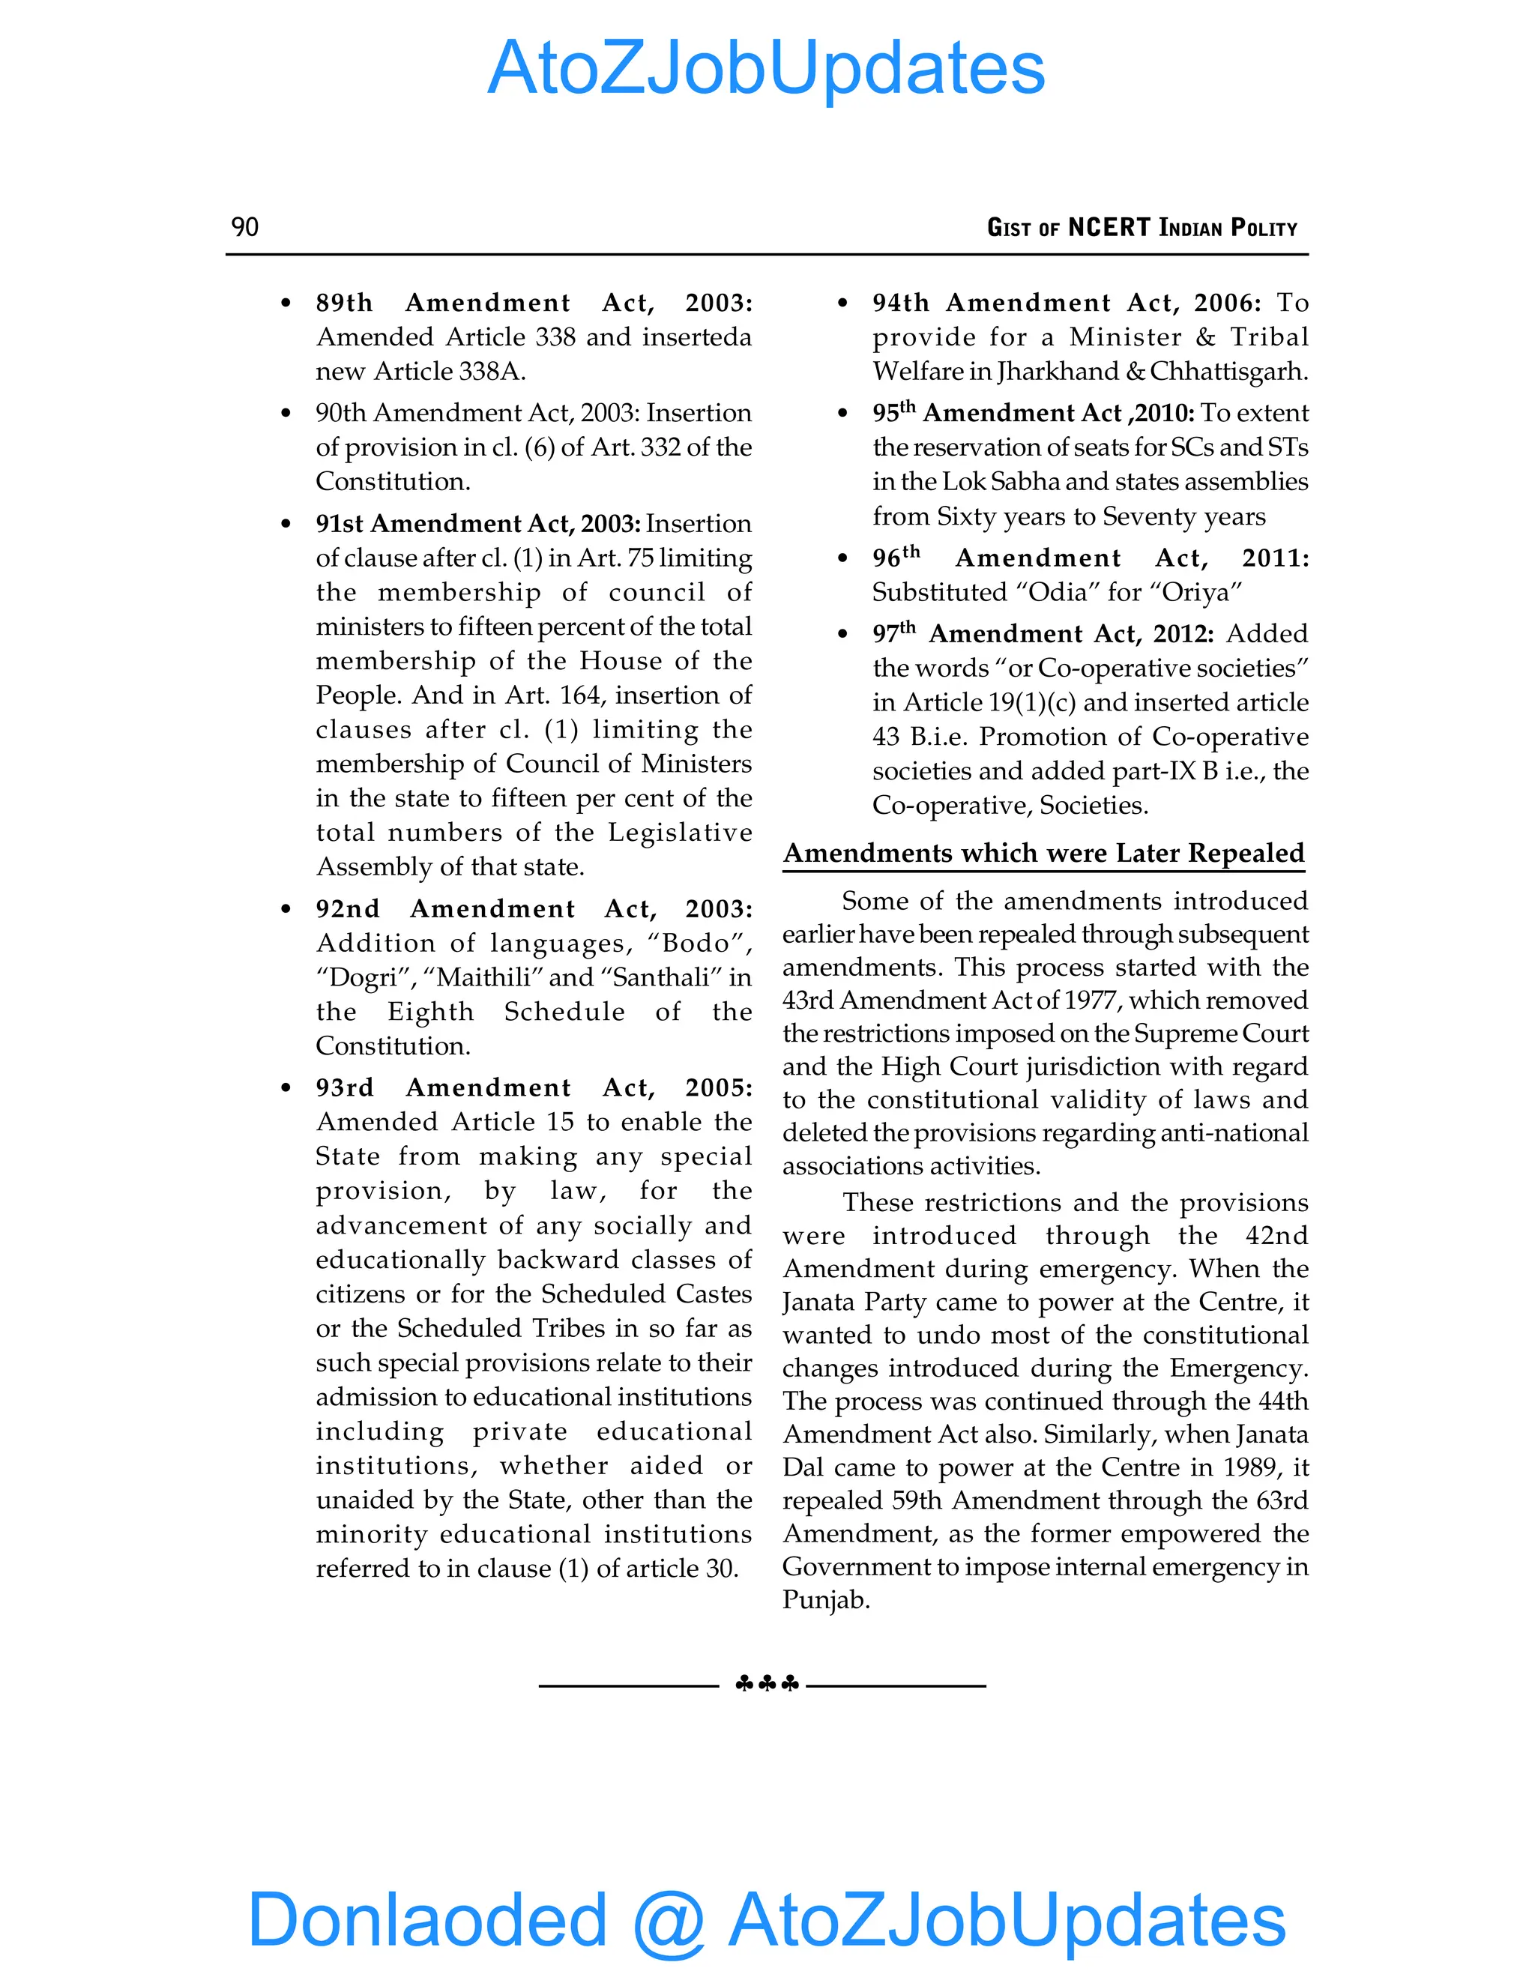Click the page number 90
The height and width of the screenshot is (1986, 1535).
coord(244,226)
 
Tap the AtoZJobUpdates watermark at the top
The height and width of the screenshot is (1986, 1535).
coord(766,68)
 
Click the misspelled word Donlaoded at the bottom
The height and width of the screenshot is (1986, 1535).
coord(426,1919)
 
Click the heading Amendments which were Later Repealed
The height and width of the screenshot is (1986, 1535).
coord(1043,853)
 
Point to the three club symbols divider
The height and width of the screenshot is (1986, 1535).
coord(767,1684)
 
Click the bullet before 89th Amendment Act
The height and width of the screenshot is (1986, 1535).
coord(286,303)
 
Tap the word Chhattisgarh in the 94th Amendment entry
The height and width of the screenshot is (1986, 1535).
coord(1227,371)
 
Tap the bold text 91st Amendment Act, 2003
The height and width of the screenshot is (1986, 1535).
coord(477,524)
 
